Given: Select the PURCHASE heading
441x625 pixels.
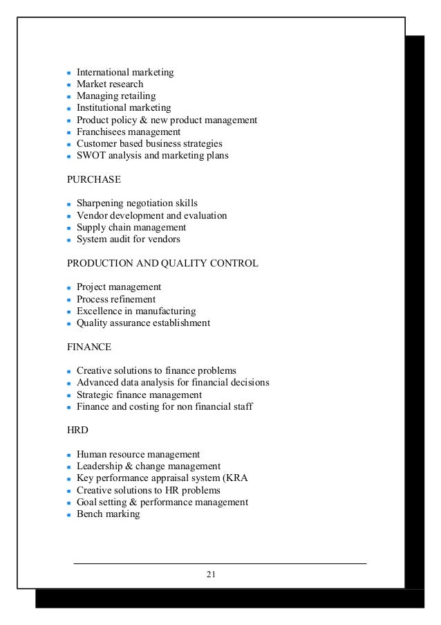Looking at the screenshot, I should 94,179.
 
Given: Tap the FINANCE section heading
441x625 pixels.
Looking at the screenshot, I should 89,347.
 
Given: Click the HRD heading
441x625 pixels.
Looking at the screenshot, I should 77,430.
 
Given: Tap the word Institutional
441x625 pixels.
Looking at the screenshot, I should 102,108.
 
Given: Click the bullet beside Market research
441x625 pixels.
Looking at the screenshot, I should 69,85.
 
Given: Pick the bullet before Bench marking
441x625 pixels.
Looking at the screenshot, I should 69,515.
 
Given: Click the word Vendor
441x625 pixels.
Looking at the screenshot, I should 91,215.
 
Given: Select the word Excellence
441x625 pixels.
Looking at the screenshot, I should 100,311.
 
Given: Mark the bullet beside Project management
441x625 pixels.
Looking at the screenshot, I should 69,288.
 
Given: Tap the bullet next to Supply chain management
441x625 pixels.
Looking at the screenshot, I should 69,228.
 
